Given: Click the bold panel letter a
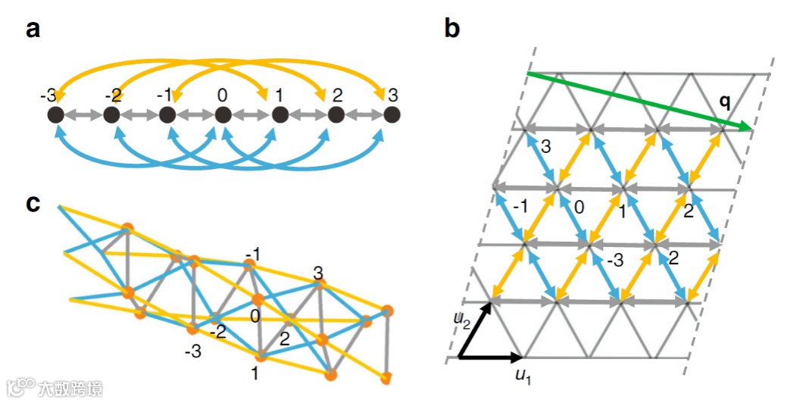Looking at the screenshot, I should pyautogui.click(x=33, y=30).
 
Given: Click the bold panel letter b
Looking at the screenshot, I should pyautogui.click(x=451, y=30).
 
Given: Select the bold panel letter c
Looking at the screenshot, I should pyautogui.click(x=33, y=205).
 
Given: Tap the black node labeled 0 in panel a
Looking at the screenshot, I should pyautogui.click(x=223, y=115).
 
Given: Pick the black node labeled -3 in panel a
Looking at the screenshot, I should pyautogui.click(x=55, y=115).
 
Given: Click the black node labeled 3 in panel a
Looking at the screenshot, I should pyautogui.click(x=391, y=115).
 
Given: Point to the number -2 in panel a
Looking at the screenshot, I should pyautogui.click(x=112, y=97).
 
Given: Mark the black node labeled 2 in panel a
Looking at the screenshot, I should pyautogui.click(x=335, y=115).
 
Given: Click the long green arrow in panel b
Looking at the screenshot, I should pyautogui.click(x=636, y=102).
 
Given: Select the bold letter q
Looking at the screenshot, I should pyautogui.click(x=726, y=102).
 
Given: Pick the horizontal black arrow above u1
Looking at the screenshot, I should pyautogui.click(x=492, y=356).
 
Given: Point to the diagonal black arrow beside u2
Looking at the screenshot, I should pyautogui.click(x=475, y=330).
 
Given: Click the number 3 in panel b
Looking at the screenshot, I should pyautogui.click(x=546, y=145).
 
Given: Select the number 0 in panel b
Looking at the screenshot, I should pyautogui.click(x=579, y=207).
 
